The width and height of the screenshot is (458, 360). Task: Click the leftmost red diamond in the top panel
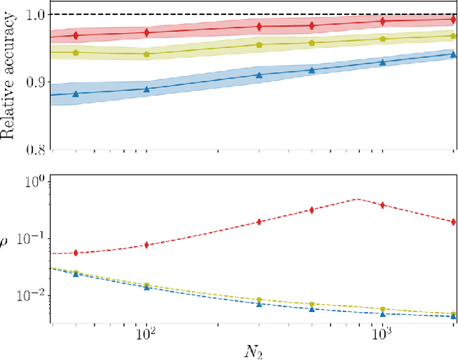pos(75,35)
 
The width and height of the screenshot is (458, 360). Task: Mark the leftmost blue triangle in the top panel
pos(75,94)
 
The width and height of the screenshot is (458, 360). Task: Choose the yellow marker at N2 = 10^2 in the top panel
pos(147,54)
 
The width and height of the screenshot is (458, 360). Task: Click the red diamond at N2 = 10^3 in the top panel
pos(383,21)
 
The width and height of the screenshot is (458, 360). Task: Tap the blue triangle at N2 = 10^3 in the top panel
pos(383,63)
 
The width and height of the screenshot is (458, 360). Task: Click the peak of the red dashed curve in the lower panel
pos(356,199)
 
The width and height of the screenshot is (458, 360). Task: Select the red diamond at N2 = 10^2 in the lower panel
pos(147,245)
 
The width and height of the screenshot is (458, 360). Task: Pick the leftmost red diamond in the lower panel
pos(75,252)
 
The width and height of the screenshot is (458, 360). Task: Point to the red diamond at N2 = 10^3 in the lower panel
pos(383,205)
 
